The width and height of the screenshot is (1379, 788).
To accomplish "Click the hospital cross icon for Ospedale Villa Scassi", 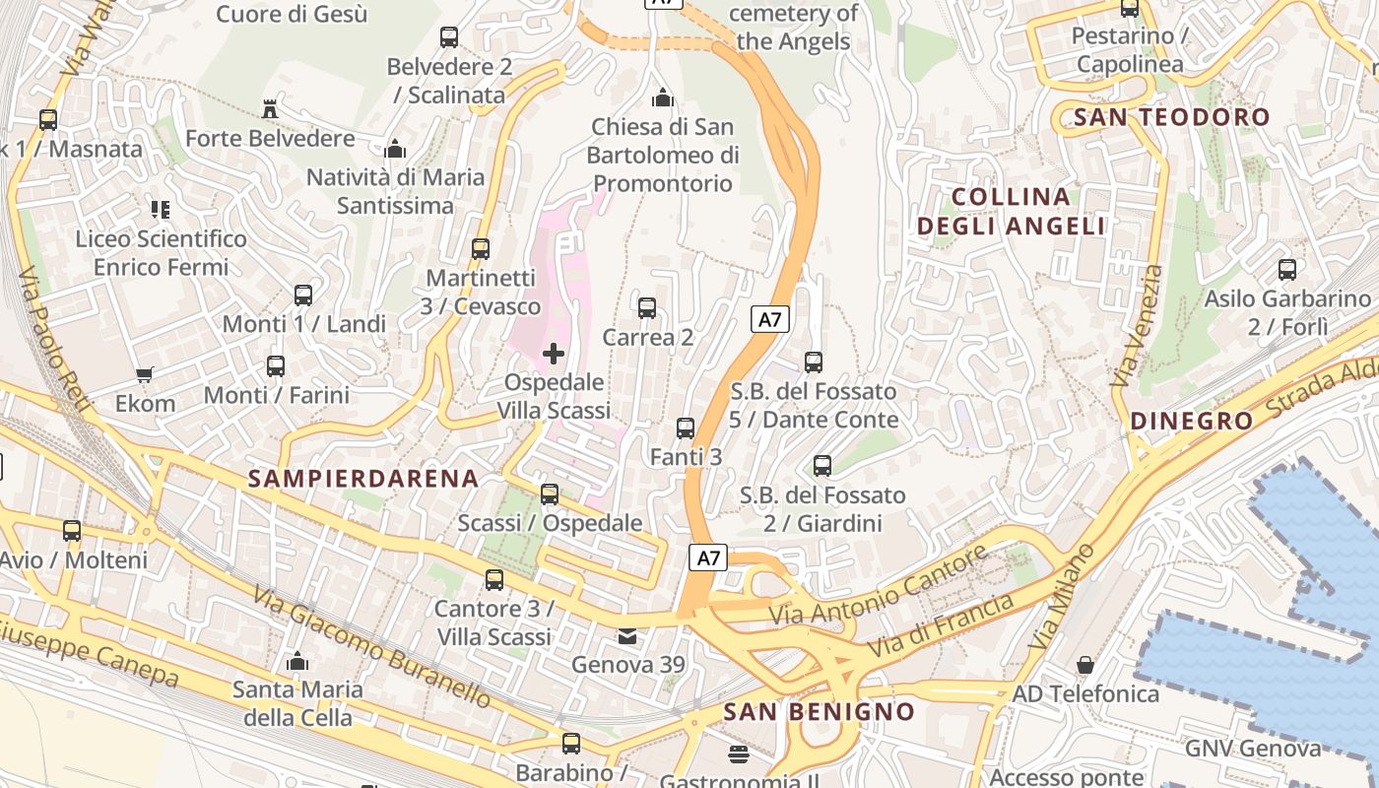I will (x=554, y=354).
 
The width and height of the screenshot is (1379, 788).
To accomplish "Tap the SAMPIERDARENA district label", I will (x=362, y=479).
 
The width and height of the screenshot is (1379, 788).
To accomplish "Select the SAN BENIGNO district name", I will (x=819, y=711).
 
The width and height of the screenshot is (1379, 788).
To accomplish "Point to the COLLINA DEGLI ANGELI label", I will (x=1011, y=212).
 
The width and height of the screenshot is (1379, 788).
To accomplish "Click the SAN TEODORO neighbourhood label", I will (x=1171, y=117).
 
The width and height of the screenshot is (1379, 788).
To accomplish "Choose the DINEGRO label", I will (x=1191, y=422).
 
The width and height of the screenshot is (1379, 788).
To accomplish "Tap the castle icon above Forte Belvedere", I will (x=270, y=108).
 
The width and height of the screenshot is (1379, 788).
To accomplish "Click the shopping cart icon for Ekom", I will (x=145, y=374).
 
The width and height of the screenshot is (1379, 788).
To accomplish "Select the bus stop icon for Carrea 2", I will (x=647, y=308).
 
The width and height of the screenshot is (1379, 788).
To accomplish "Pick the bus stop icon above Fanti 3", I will (x=686, y=428).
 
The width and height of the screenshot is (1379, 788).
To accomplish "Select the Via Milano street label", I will (x=1061, y=597).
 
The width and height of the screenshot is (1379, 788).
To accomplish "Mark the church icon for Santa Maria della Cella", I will (x=296, y=661).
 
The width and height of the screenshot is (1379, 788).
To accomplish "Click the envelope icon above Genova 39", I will (x=627, y=636).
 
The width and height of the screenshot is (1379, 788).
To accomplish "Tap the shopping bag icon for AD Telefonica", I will (x=1084, y=665).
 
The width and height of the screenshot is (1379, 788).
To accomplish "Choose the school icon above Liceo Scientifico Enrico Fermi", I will (x=161, y=209).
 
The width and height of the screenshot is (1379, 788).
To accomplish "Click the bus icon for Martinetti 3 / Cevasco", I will (x=480, y=249).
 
